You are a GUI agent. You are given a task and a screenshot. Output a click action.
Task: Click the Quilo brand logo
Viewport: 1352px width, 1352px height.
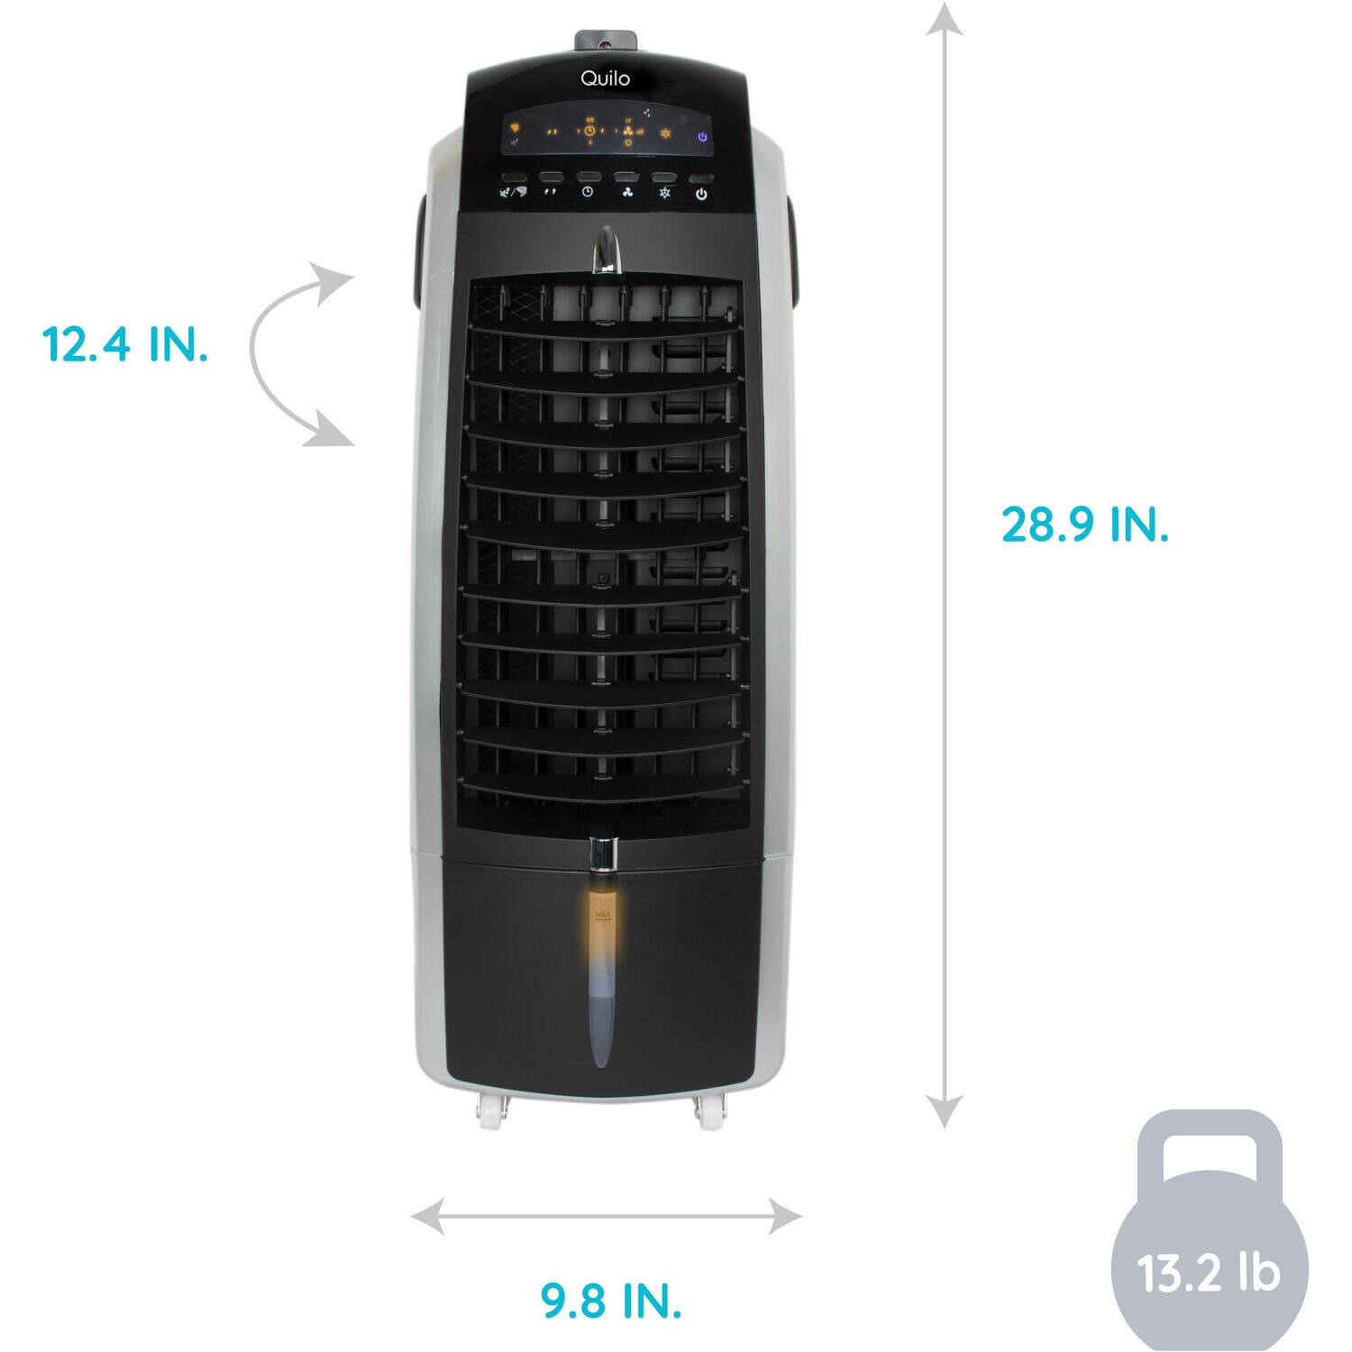click(605, 78)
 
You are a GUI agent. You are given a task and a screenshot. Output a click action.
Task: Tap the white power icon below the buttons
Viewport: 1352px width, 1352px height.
click(701, 194)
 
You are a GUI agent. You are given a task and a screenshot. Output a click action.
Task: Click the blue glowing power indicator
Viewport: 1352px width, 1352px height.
click(702, 137)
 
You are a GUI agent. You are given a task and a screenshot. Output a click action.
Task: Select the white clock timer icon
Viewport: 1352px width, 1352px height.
click(588, 192)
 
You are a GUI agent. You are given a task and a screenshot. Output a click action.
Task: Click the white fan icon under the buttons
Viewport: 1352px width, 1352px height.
click(627, 192)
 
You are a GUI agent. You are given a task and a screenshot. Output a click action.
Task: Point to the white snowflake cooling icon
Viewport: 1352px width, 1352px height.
click(665, 193)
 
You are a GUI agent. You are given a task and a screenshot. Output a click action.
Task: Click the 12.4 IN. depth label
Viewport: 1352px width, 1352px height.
click(125, 343)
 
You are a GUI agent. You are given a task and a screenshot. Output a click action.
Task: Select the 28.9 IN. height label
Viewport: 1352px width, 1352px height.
click(1085, 524)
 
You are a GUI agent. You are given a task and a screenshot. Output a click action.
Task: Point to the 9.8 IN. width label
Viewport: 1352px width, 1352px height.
click(611, 1300)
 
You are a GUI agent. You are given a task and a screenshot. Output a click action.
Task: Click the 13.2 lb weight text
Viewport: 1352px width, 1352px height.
click(1208, 1274)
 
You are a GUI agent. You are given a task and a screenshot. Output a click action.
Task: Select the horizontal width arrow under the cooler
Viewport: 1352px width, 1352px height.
click(606, 1218)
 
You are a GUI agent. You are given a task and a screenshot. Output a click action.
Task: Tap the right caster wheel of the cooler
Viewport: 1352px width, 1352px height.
click(712, 1115)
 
